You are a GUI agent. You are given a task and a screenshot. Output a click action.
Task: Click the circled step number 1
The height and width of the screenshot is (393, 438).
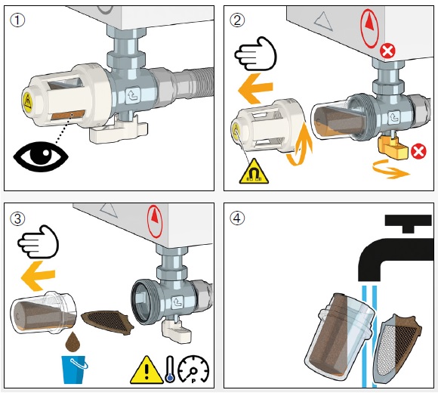pos(17,20)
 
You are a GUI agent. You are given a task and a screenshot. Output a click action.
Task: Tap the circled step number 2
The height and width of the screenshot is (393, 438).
pos(237,20)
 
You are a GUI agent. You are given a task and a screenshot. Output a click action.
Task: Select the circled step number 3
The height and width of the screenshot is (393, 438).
pos(17,218)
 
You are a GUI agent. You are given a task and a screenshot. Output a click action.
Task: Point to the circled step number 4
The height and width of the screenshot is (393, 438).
pos(237,218)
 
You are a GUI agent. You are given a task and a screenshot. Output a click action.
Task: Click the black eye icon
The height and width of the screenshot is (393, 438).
pos(41,156)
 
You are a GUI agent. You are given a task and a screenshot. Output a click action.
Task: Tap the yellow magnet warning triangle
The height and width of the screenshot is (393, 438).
pos(254,172)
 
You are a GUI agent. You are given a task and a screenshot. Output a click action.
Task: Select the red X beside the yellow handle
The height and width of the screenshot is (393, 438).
pos(418,151)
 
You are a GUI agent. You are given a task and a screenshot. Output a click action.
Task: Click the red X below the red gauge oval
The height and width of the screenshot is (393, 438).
pos(387,51)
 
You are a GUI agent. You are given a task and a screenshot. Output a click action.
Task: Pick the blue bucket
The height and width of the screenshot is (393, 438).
pos(74,369)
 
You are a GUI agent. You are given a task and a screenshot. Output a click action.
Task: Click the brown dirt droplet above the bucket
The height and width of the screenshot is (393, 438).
pos(72,342)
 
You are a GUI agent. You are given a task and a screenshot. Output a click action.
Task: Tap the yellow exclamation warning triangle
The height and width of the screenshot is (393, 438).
pos(147,370)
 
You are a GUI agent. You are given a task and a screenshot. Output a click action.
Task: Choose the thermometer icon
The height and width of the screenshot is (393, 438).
pos(170,369)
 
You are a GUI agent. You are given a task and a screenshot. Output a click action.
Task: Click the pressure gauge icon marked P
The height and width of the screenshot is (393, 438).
pos(193,370)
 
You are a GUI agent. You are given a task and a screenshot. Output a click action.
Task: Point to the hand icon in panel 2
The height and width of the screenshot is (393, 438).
pos(255,54)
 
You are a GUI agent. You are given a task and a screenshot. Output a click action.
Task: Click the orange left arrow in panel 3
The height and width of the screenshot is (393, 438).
pos(38,276)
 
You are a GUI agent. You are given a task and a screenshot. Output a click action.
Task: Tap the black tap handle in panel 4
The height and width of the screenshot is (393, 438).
pos(408,224)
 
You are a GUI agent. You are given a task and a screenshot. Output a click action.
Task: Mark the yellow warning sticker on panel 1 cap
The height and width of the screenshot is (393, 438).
pos(28,101)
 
